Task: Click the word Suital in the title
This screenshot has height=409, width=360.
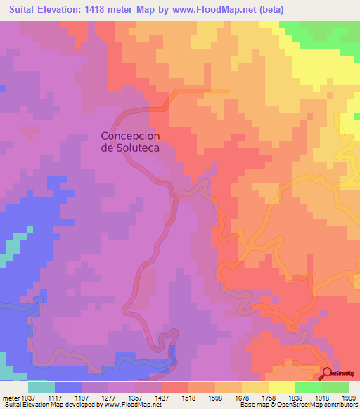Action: coord(21,9)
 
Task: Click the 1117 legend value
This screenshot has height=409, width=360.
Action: coord(68,397)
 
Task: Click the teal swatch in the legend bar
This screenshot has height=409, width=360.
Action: coord(41,387)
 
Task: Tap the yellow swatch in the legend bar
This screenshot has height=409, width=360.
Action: coord(281,387)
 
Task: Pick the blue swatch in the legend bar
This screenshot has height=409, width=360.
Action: coord(68,387)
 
